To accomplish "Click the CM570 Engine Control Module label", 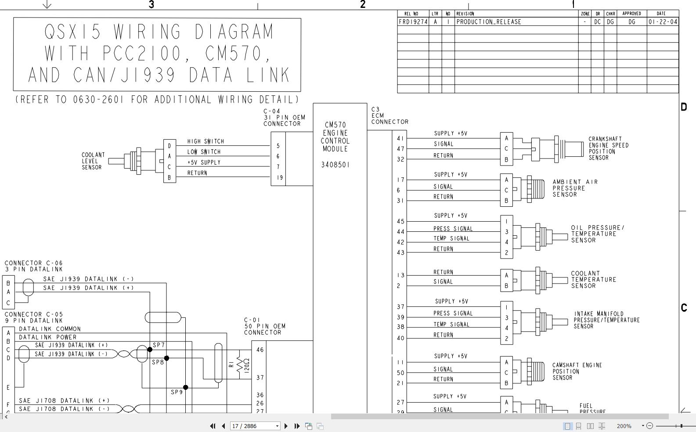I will click(x=335, y=137).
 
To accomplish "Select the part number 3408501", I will click(x=335, y=165).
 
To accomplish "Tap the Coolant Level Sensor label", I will click(x=93, y=161).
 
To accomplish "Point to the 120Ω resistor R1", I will click(x=240, y=364).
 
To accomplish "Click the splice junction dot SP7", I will click(x=150, y=349).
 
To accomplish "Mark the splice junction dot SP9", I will click(x=186, y=387).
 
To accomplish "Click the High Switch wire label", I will click(x=206, y=141).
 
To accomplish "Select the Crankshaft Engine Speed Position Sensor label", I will click(x=608, y=148).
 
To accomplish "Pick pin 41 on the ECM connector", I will click(x=400, y=139).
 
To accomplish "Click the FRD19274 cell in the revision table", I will click(x=413, y=22).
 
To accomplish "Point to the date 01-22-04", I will click(x=662, y=22).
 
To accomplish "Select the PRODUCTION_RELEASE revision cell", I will click(x=489, y=22).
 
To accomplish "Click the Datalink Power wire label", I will click(x=47, y=337).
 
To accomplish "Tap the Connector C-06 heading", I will click(x=33, y=263).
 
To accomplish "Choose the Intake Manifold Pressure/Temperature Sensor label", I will click(x=606, y=320).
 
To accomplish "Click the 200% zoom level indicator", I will click(x=624, y=426).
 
